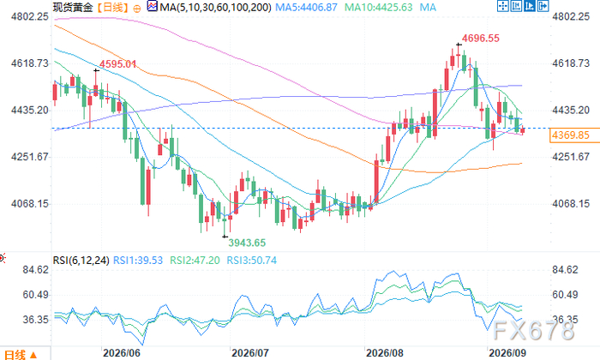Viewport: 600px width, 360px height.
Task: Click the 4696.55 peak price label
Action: pyautogui.click(x=480, y=39)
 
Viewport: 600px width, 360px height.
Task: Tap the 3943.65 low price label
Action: pyautogui.click(x=247, y=243)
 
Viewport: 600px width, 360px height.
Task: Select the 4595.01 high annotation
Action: pyautogui.click(x=118, y=64)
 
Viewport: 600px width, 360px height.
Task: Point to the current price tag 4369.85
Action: pyautogui.click(x=570, y=135)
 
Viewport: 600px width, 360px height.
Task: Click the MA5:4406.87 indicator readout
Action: pyautogui.click(x=307, y=7)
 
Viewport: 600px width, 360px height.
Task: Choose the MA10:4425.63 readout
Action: pyautogui.click(x=379, y=7)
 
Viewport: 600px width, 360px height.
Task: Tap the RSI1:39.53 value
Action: pyautogui.click(x=138, y=261)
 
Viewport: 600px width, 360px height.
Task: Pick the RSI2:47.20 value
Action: pyautogui.click(x=195, y=261)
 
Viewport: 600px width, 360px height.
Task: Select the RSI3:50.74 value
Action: pyautogui.click(x=252, y=261)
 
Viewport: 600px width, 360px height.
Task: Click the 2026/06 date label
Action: pyautogui.click(x=122, y=353)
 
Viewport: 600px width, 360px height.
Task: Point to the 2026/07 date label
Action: pyautogui.click(x=250, y=353)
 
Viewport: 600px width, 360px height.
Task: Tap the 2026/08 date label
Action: pyautogui.click(x=385, y=353)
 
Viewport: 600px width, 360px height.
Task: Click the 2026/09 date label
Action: pyautogui.click(x=507, y=353)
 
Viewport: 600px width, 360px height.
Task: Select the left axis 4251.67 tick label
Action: pyautogui.click(x=30, y=157)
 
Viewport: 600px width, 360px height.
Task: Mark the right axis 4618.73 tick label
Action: pyautogui.click(x=571, y=63)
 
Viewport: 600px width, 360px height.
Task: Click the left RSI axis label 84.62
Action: pyautogui.click(x=36, y=270)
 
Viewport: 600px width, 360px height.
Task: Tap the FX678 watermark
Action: pyautogui.click(x=534, y=330)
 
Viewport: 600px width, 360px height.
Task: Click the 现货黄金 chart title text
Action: pyautogui.click(x=73, y=7)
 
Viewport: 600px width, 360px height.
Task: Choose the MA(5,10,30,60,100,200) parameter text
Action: pyautogui.click(x=215, y=7)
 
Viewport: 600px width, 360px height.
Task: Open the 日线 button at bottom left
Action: pyautogui.click(x=21, y=355)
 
